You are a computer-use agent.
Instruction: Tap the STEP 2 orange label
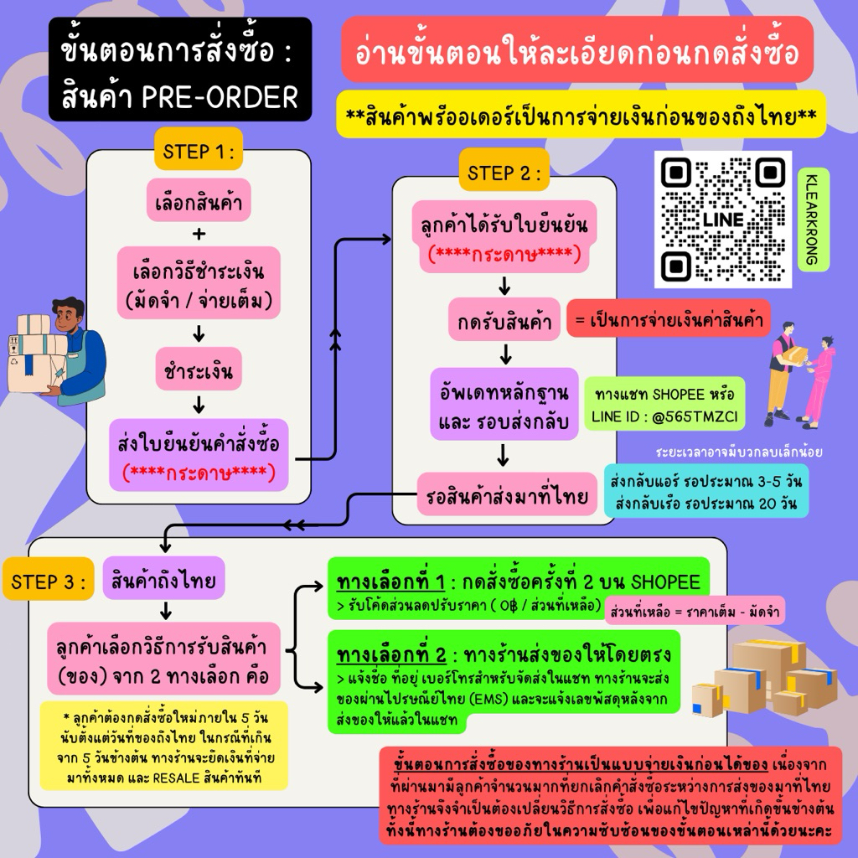point(504,173)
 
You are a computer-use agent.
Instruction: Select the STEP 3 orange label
point(49,582)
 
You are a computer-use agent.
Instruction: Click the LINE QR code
point(722,220)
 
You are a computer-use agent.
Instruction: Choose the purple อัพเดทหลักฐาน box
point(504,404)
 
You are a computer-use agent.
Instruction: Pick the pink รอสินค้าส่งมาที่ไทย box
point(504,498)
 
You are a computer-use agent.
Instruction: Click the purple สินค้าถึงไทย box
point(163,579)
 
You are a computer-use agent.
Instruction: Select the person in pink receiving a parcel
point(819,379)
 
